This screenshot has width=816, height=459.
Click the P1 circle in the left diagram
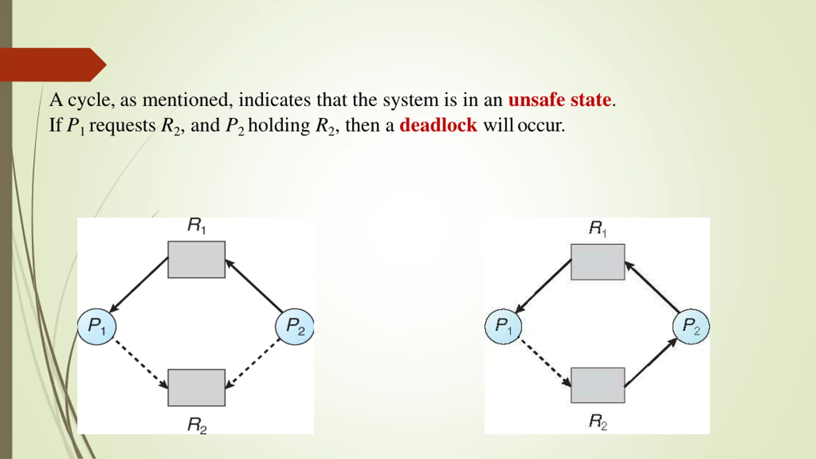point(97,326)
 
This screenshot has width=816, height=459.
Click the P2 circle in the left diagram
point(295,326)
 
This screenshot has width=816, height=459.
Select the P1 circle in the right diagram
point(503,326)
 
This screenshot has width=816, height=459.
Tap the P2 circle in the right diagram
point(691,326)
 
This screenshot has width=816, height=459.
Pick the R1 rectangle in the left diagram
point(196,259)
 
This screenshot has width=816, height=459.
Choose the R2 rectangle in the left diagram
point(196,388)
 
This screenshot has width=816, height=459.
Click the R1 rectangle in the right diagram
point(598,262)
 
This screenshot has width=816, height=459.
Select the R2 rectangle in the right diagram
point(598,385)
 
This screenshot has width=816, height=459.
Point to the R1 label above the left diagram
point(196,226)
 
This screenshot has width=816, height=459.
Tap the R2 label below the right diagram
point(598,421)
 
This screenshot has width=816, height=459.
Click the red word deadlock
point(438,125)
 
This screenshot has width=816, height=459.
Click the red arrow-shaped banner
point(51,65)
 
